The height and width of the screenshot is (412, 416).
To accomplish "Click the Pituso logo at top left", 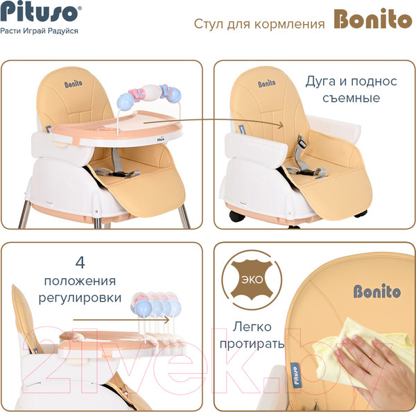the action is [x=40, y=12].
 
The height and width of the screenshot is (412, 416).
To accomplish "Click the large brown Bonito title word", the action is [x=373, y=19].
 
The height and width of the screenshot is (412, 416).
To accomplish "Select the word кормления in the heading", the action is [x=289, y=24].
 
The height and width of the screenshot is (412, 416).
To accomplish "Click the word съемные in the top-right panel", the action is [x=351, y=98].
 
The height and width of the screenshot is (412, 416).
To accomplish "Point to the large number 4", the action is [x=80, y=262].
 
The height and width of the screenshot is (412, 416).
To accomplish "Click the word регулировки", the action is [x=80, y=298].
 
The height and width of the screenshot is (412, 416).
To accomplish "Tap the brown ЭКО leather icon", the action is [x=252, y=280].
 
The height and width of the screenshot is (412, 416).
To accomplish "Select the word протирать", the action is [x=252, y=344].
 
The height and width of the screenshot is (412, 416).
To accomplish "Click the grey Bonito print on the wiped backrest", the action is [x=377, y=291].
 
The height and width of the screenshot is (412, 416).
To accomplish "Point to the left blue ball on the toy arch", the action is [x=125, y=103].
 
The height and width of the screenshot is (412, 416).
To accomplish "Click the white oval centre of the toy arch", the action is [x=150, y=92].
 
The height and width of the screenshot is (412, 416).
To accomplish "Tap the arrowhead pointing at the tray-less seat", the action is [x=280, y=125].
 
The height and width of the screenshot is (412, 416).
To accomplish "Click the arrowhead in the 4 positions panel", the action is [x=166, y=320].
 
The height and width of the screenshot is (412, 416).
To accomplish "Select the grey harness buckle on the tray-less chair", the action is [x=302, y=142].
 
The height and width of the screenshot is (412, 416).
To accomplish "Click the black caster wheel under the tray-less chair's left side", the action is [x=237, y=216].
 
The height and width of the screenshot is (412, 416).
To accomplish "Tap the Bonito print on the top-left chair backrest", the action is [x=73, y=84].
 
